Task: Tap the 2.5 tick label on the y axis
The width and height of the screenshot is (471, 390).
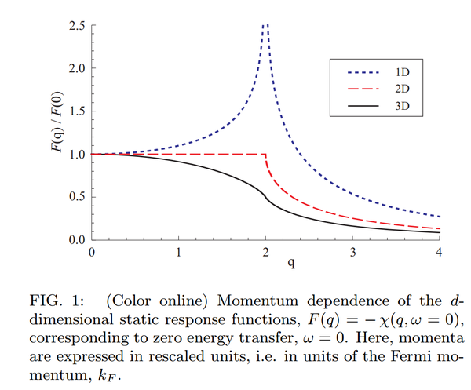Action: tap(76, 26)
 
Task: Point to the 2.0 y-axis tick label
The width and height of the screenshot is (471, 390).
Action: tap(76, 68)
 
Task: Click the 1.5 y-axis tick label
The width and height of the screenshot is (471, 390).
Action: tap(76, 111)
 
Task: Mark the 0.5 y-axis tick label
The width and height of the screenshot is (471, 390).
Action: tap(76, 196)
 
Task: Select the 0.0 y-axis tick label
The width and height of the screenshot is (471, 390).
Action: tap(76, 239)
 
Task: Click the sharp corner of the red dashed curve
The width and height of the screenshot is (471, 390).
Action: tap(266, 154)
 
